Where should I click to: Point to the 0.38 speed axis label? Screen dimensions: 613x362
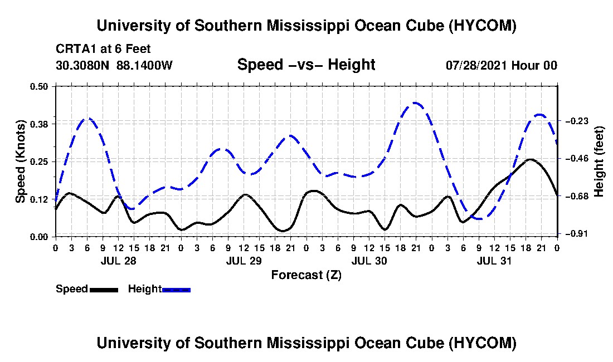point(38,124)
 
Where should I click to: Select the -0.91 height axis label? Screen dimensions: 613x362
point(577,233)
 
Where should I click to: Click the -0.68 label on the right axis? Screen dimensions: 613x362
point(577,196)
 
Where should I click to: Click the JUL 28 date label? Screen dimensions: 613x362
point(119,261)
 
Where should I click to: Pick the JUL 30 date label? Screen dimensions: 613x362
point(369,261)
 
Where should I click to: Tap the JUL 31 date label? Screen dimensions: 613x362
point(494,261)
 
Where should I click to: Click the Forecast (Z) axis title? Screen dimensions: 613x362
point(306,275)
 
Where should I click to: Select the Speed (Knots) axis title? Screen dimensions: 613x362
point(20,162)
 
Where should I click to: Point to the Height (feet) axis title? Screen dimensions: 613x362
point(599,162)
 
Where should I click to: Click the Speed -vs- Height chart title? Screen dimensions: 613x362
point(306,65)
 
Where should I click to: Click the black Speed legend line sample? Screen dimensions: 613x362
point(104,290)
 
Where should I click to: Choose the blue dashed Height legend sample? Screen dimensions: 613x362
point(176,290)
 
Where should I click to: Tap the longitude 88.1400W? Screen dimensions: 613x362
point(144,65)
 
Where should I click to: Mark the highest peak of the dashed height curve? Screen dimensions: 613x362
point(415,103)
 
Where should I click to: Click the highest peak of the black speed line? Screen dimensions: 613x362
point(530,159)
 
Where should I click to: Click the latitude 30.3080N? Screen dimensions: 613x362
point(82,65)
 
